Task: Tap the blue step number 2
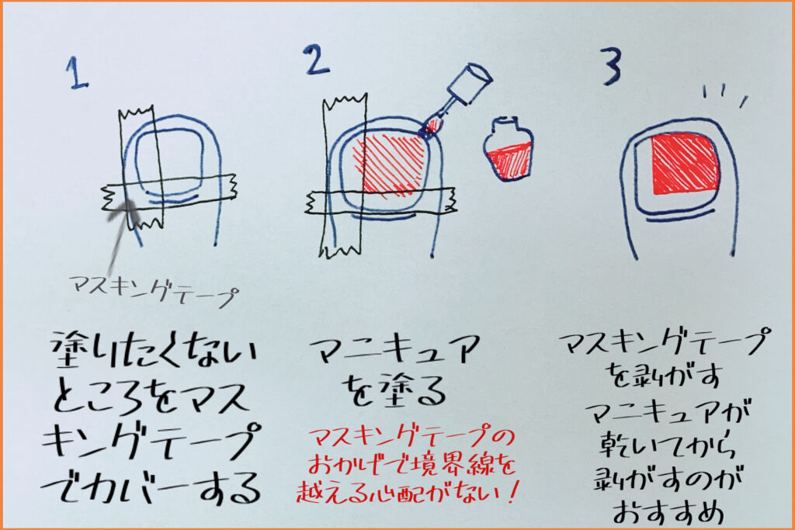click(317, 59)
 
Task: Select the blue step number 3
click(612, 66)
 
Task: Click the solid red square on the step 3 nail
click(686, 165)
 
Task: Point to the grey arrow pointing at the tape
click(120, 238)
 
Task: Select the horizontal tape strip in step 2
click(380, 201)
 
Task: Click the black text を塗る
click(395, 390)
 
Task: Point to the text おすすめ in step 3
click(668, 511)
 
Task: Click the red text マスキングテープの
click(411, 437)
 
